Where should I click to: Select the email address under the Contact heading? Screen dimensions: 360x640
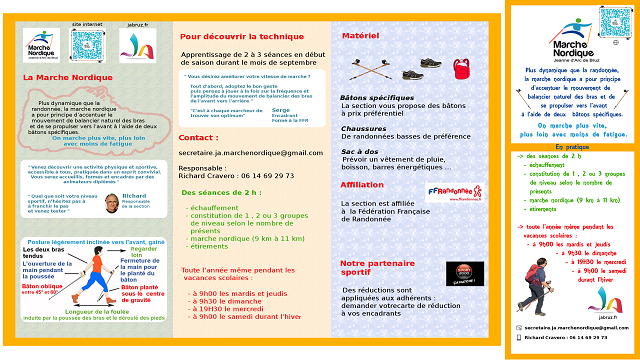(x=237, y=152)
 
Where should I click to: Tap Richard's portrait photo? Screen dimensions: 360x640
(x=105, y=202)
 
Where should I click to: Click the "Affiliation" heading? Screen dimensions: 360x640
(x=362, y=184)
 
